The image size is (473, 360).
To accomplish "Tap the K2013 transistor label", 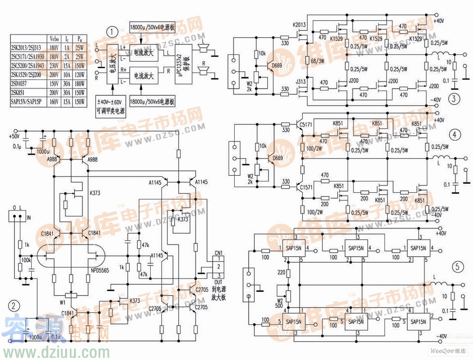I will click(299, 25).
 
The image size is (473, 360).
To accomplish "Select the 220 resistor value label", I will click(281, 273).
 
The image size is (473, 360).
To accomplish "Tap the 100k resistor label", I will click(26, 260).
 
